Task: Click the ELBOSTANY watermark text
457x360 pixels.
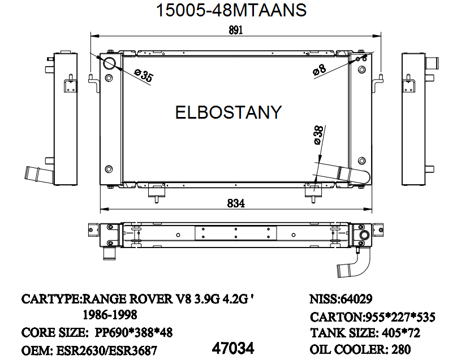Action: pyautogui.click(x=228, y=112)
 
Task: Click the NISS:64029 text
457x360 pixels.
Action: pyautogui.click(x=340, y=298)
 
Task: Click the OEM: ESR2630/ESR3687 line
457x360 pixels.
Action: pyautogui.click(x=89, y=350)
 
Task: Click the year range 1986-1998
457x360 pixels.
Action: pyautogui.click(x=110, y=315)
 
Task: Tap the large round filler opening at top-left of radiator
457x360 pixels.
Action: pyautogui.click(x=109, y=62)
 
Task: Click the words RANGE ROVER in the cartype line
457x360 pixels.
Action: pyautogui.click(x=123, y=298)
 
